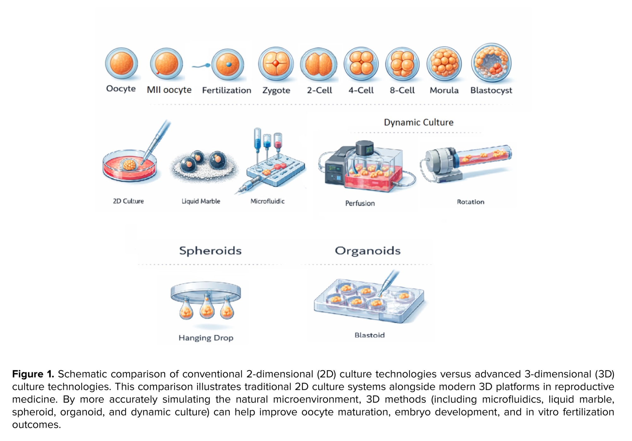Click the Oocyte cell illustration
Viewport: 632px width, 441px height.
122,63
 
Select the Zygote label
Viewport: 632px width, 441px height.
276,90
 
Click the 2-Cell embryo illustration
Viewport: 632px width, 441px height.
319,63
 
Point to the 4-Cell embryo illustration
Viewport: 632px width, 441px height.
361,63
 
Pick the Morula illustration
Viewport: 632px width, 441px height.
444,63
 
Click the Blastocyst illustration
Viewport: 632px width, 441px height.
491,63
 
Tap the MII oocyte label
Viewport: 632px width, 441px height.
169,90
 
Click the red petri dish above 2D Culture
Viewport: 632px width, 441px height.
130,166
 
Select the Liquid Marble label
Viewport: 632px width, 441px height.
201,201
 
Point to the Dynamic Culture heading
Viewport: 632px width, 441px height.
419,123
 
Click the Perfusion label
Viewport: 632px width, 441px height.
360,203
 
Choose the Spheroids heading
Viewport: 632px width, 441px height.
210,251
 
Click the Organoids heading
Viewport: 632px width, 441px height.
368,251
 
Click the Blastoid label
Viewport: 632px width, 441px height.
370,335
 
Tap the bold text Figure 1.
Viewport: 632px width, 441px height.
33,374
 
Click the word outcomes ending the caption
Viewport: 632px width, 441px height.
37,425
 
